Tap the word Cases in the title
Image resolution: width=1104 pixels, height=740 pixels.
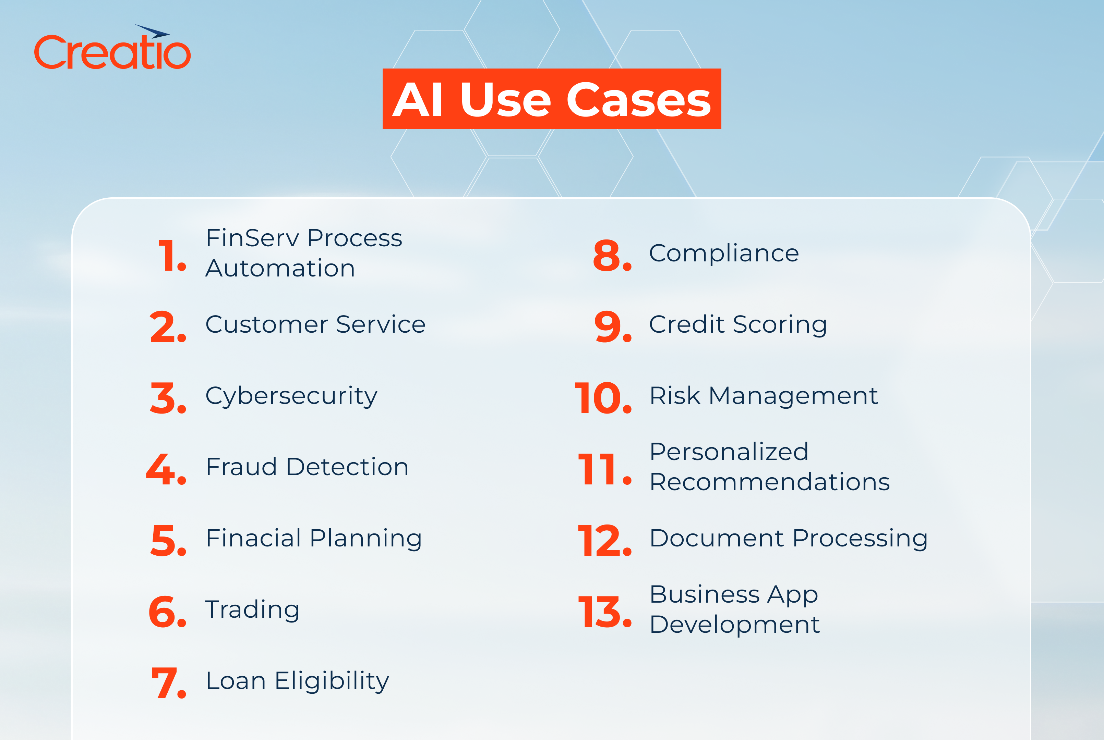click(638, 100)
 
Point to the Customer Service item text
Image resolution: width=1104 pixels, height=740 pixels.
click(315, 325)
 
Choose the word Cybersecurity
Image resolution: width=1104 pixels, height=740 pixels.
click(291, 396)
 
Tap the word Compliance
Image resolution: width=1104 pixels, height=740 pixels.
click(724, 254)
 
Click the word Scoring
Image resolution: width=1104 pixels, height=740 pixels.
click(780, 325)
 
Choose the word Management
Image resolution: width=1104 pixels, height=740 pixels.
click(793, 396)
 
